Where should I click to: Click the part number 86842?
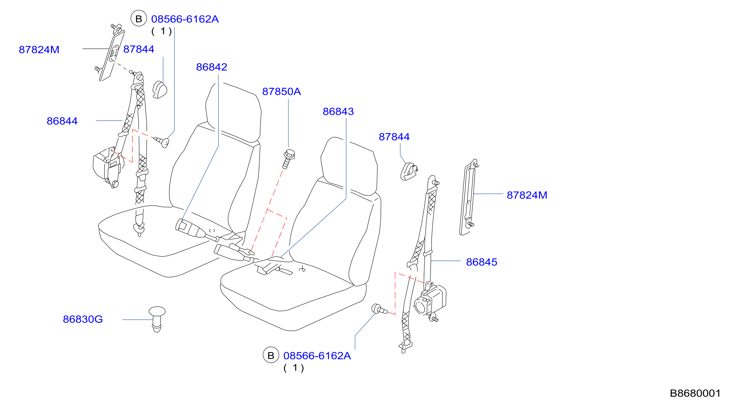tap(212, 67)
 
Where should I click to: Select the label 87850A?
tap(282, 92)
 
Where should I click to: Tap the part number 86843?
tap(338, 111)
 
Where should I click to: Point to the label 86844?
tap(62, 121)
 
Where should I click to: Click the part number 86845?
tap(482, 262)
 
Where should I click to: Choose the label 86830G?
tap(83, 320)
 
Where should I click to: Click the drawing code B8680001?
tap(695, 394)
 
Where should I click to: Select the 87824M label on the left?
tap(39, 50)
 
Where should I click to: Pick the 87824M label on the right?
tap(527, 195)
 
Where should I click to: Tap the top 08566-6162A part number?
tap(185, 19)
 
